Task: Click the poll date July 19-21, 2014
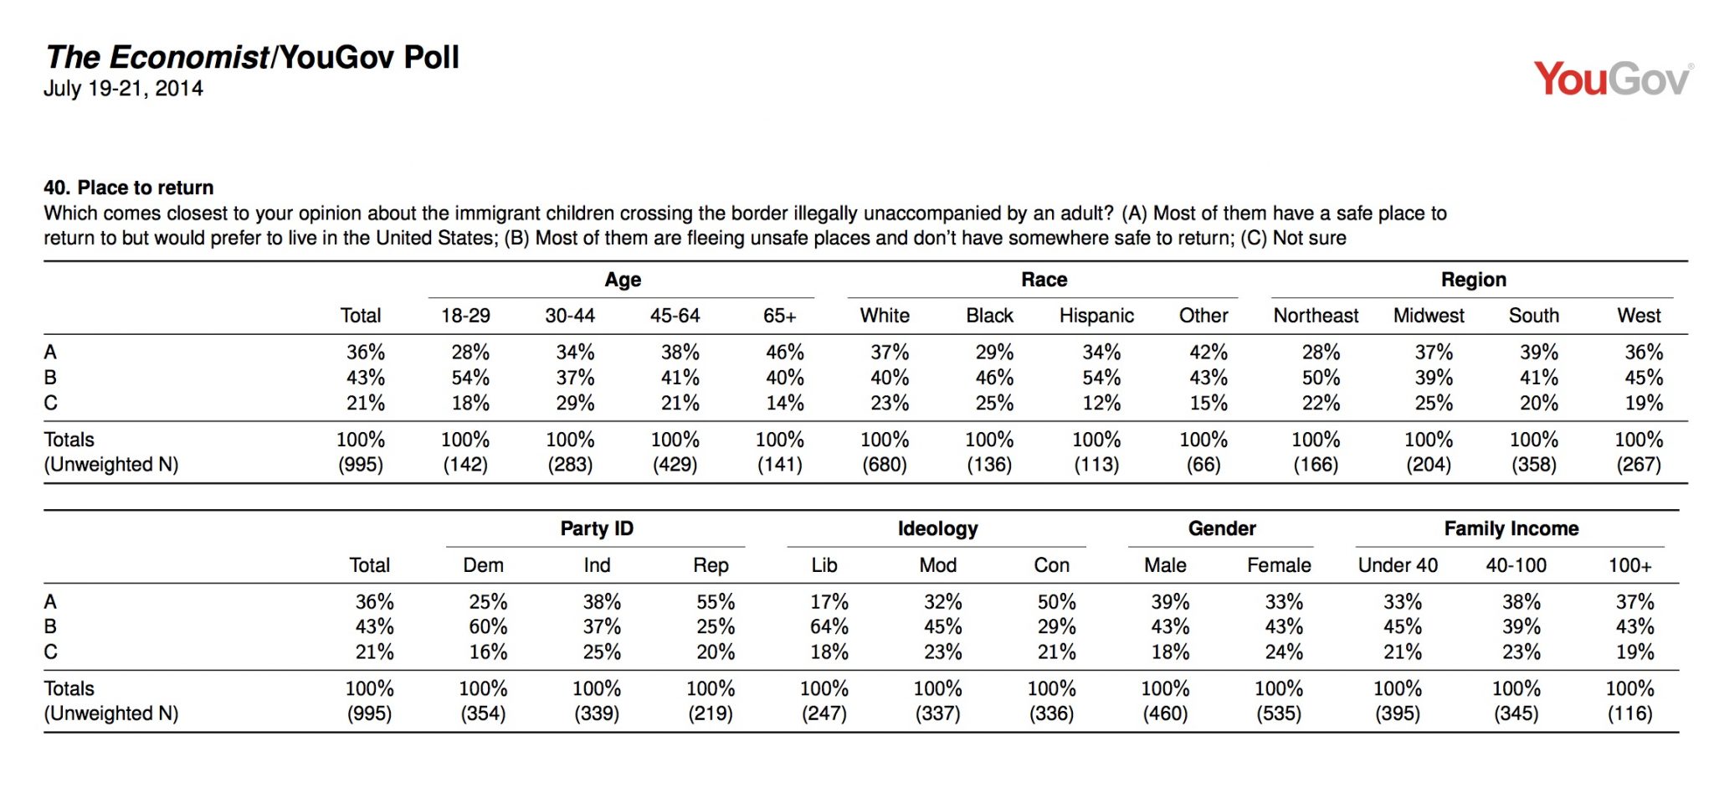click(x=123, y=89)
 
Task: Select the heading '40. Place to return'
click(x=129, y=188)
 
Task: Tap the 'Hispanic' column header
click(x=1096, y=316)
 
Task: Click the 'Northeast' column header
click(x=1316, y=316)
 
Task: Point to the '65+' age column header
click(x=779, y=316)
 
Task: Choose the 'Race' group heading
click(x=1044, y=280)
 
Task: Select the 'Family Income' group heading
click(x=1511, y=528)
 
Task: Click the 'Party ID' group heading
click(x=597, y=528)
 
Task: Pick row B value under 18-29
click(x=470, y=378)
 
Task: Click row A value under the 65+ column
click(x=785, y=353)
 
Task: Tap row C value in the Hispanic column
click(x=1101, y=404)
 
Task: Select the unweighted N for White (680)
click(x=885, y=465)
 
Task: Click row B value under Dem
click(x=488, y=626)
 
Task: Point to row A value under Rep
click(x=716, y=602)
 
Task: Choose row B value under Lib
click(x=829, y=626)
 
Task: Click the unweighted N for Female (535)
click(x=1279, y=713)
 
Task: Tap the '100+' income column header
click(x=1629, y=565)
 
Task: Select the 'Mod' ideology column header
click(x=937, y=565)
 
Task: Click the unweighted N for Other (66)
click(x=1203, y=465)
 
